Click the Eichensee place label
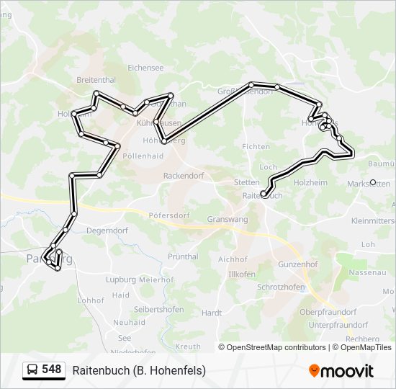click(145, 68)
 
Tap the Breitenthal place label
click(96, 81)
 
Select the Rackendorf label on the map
click(184, 175)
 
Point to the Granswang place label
click(227, 219)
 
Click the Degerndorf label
click(107, 231)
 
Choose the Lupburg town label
click(120, 279)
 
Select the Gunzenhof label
click(297, 264)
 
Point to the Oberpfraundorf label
click(328, 312)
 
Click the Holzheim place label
click(310, 183)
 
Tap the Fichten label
click(256, 146)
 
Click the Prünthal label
click(183, 256)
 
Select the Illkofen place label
click(241, 274)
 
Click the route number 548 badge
click(51, 370)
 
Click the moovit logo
click(341, 371)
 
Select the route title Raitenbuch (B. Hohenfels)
click(139, 370)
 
